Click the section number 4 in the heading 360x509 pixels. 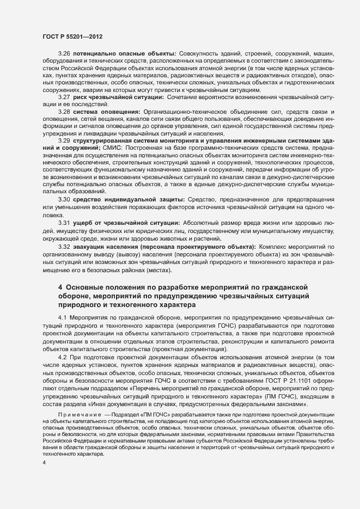[60, 286]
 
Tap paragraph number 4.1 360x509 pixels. [62, 317]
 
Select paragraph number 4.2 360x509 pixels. [62, 355]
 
